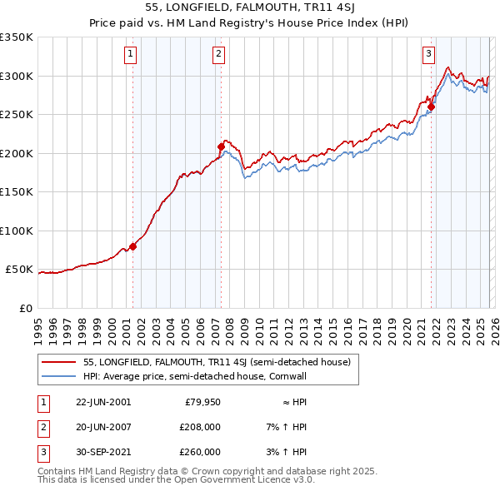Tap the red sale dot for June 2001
point(133,246)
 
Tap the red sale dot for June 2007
point(221,146)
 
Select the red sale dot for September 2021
point(431,107)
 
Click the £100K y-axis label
point(17,231)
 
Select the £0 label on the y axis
point(25,308)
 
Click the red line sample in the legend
point(58,363)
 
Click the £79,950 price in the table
point(202,402)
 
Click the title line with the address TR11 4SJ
point(250,9)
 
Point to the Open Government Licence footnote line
point(176,481)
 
